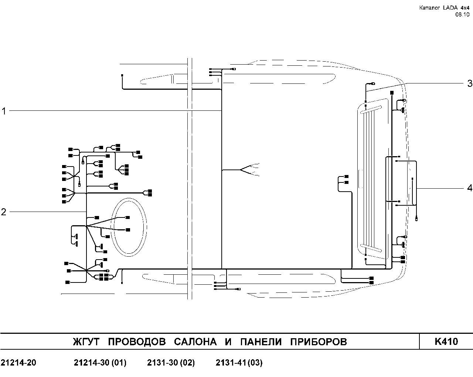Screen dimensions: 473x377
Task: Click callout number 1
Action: [x=4, y=111]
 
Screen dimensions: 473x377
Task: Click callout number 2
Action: [x=4, y=212]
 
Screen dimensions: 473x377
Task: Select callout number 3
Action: [x=470, y=83]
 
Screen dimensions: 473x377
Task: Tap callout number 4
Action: [x=469, y=188]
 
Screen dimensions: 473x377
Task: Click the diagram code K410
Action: [x=446, y=342]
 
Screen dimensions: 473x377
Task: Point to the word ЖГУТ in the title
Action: [x=86, y=342]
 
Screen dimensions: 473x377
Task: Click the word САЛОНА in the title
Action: [x=195, y=342]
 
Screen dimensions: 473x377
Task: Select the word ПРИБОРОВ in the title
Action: [x=319, y=342]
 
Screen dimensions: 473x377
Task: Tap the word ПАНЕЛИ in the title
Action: [x=261, y=342]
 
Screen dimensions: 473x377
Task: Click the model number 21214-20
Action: [x=18, y=363]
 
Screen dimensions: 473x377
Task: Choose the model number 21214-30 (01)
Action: [x=100, y=363]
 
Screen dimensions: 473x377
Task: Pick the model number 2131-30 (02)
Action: [x=171, y=363]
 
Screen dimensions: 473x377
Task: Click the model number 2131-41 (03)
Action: [x=239, y=363]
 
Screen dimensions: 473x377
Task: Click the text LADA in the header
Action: [x=450, y=8]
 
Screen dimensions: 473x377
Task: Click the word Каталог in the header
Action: [x=429, y=8]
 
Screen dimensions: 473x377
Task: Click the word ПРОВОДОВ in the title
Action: [x=137, y=342]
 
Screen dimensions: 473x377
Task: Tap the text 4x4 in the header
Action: [x=465, y=8]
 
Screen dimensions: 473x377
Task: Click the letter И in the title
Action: [x=228, y=342]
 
